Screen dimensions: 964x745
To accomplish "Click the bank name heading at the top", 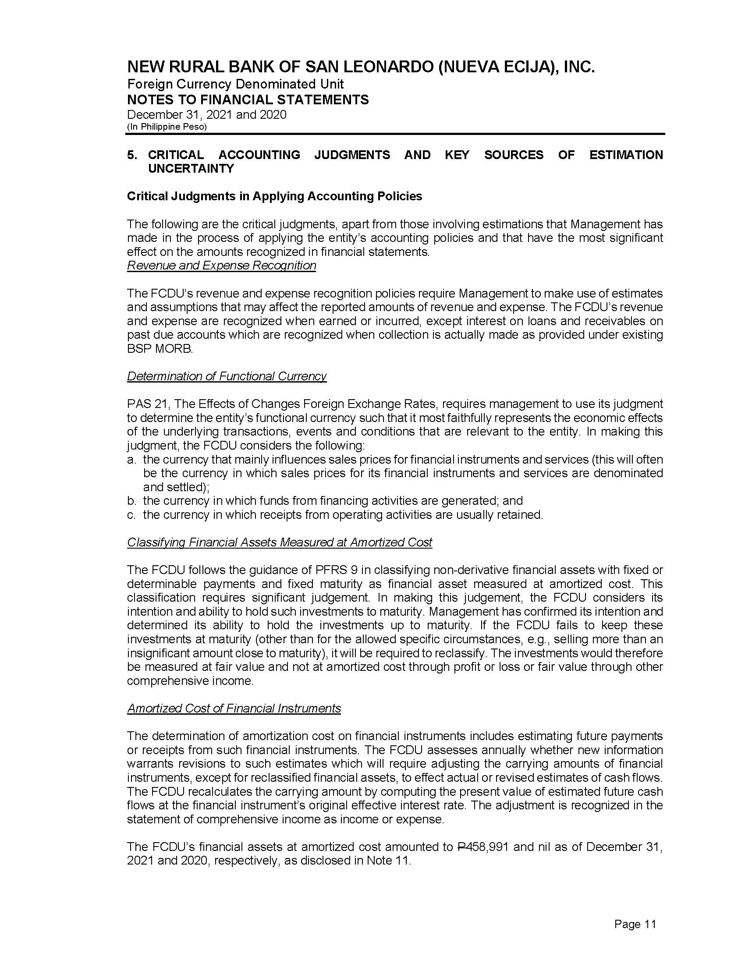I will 361,67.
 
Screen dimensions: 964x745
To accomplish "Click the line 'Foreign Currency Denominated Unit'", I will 235,84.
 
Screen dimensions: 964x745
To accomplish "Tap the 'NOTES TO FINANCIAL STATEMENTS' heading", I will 248,100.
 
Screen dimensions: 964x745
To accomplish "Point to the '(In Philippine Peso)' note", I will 167,127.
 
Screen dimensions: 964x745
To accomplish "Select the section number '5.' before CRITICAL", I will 131,155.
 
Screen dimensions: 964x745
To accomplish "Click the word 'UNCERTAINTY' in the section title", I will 191,169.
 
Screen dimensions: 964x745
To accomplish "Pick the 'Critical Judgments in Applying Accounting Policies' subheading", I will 274,196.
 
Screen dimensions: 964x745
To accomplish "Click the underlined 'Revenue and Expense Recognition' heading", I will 222,266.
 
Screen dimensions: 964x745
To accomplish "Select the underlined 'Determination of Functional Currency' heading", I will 227,376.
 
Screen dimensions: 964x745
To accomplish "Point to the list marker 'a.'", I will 131,460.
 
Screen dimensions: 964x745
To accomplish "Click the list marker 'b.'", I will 131,501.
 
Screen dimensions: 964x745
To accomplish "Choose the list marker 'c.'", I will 131,515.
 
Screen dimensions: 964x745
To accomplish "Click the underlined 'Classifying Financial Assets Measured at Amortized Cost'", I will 280,542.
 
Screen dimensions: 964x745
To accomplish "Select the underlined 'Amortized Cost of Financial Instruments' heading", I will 234,709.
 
